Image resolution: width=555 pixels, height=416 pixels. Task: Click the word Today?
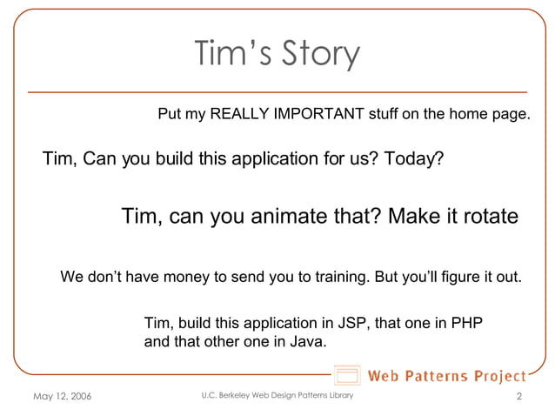[x=413, y=159]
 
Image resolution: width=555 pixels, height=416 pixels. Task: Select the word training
[x=338, y=278]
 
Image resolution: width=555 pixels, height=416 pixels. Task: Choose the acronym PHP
[x=466, y=324]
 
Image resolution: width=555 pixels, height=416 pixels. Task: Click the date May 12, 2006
[x=61, y=397]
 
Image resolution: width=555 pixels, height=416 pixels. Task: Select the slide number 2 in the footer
[x=518, y=397]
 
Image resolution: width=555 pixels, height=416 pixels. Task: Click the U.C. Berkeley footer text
[x=277, y=396]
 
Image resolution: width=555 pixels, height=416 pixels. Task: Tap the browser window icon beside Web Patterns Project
[x=347, y=377]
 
